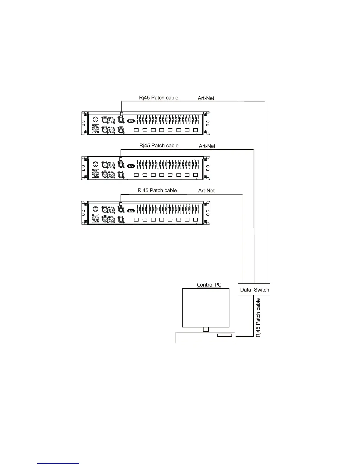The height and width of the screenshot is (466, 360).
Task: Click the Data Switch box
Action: [254, 289]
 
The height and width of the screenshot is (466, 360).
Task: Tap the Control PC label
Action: [209, 284]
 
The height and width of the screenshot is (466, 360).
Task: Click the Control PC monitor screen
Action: [206, 307]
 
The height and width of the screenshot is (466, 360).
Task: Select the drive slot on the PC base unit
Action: [224, 335]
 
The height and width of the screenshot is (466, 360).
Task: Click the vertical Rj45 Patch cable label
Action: [258, 318]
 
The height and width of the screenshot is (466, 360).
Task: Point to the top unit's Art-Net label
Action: [206, 98]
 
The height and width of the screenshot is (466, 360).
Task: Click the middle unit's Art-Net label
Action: [207, 146]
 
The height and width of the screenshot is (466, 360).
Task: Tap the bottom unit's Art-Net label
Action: [206, 191]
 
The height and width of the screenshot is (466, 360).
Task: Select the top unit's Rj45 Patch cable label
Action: [159, 98]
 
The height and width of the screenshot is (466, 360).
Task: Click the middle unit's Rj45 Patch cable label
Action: [159, 145]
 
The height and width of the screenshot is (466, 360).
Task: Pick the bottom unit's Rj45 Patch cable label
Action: [157, 190]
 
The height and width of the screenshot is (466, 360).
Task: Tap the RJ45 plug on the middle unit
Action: [121, 159]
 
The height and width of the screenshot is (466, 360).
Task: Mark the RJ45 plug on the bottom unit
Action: [121, 204]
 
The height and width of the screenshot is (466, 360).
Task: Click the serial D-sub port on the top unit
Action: [131, 121]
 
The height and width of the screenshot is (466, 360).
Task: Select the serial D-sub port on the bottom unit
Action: [131, 210]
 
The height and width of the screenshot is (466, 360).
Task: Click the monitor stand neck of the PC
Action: [206, 329]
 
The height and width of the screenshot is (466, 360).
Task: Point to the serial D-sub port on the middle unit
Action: [131, 166]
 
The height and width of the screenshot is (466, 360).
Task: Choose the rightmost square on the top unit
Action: [195, 130]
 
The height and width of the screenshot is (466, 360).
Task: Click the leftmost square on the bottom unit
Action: [136, 220]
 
